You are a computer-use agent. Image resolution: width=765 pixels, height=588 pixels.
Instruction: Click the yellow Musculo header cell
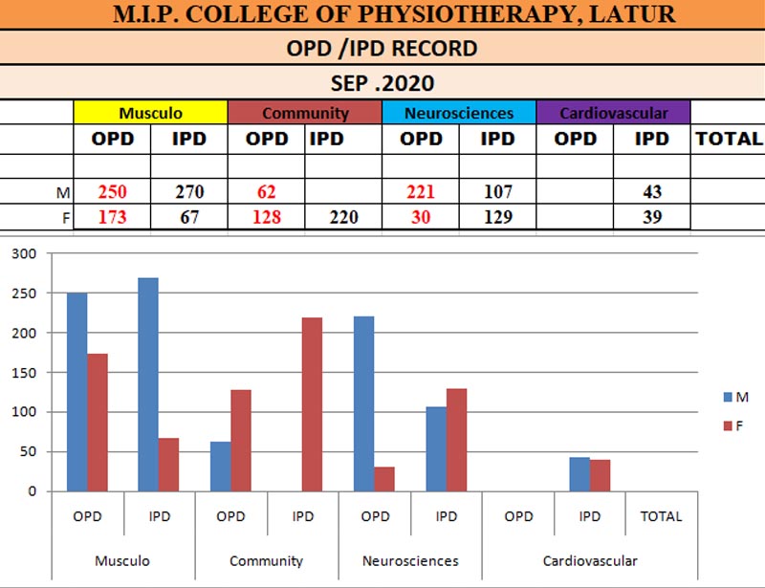pyautogui.click(x=151, y=113)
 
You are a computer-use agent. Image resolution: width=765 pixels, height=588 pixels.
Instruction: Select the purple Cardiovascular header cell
pyautogui.click(x=613, y=113)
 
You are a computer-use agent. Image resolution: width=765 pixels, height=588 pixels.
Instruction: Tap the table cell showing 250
pyautogui.click(x=113, y=192)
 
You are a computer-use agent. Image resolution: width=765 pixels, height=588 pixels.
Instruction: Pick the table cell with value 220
pyautogui.click(x=343, y=217)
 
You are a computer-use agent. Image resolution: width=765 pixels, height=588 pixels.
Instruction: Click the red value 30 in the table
pyautogui.click(x=421, y=217)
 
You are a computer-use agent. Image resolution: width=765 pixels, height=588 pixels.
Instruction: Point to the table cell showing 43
pyautogui.click(x=651, y=192)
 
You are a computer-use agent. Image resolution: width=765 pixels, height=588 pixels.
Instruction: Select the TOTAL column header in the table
pyautogui.click(x=728, y=139)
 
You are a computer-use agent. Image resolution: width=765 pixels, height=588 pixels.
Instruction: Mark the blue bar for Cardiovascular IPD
pyautogui.click(x=579, y=474)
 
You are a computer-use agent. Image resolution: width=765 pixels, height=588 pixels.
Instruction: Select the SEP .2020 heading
pyautogui.click(x=382, y=81)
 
